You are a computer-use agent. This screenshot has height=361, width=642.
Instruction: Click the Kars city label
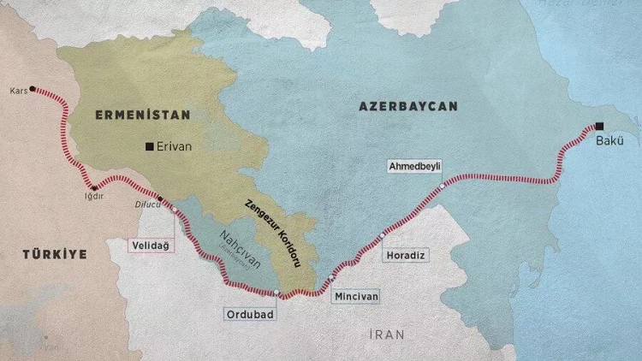point(17,89)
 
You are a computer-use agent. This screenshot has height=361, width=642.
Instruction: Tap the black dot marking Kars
point(33,88)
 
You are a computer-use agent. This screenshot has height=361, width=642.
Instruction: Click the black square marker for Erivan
point(150,146)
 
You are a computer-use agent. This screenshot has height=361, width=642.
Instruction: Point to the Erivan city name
point(175,146)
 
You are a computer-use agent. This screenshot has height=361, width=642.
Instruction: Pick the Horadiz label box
point(406,255)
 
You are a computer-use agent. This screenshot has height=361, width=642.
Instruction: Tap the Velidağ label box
point(148,246)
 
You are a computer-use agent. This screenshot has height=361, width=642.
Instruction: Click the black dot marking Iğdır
point(94,186)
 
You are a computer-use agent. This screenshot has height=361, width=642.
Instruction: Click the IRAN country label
point(383,334)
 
